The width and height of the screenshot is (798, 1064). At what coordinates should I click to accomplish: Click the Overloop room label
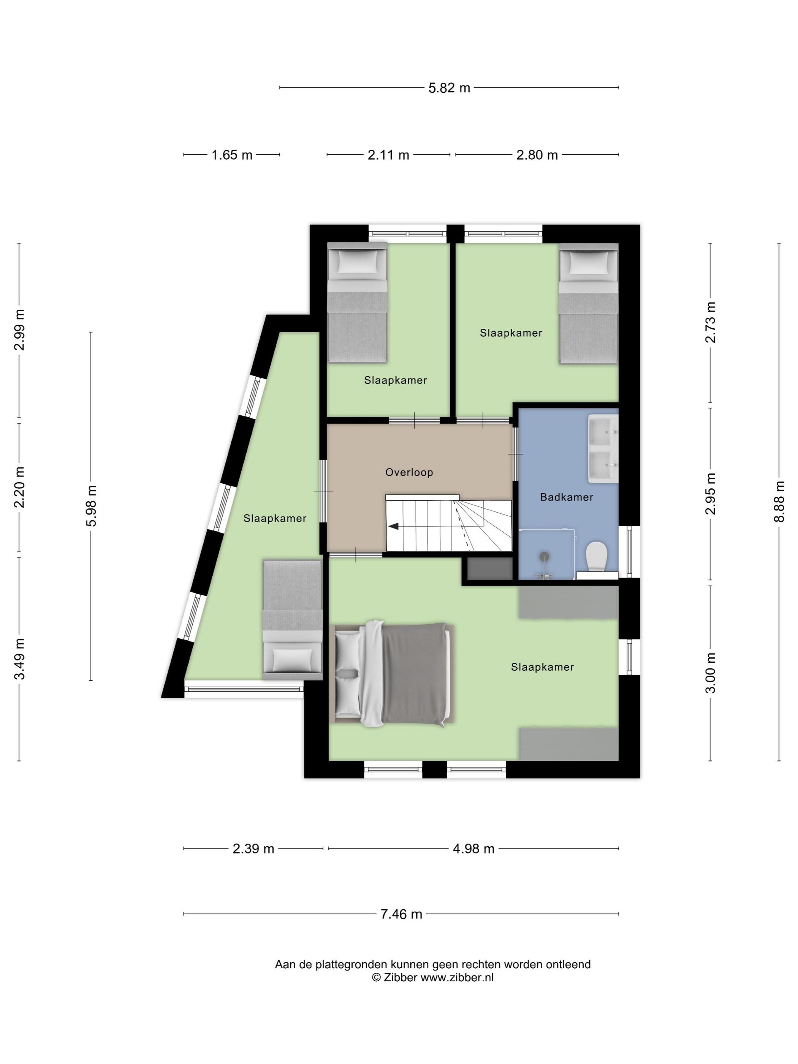409,472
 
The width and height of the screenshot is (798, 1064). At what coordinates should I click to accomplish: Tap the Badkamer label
566,497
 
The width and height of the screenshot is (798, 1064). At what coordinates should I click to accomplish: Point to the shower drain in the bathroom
544,557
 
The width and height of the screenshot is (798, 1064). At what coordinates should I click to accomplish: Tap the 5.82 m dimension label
449,88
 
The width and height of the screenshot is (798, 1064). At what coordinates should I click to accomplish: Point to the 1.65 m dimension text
232,155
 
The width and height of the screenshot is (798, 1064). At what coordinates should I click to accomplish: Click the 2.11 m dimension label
388,155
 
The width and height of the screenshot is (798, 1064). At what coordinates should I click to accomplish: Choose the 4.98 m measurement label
473,849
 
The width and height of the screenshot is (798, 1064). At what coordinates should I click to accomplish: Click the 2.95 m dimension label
711,494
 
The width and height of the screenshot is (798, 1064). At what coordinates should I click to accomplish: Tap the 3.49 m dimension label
19,659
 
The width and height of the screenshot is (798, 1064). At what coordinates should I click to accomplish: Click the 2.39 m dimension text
253,849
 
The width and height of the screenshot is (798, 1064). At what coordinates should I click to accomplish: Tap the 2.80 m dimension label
537,155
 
